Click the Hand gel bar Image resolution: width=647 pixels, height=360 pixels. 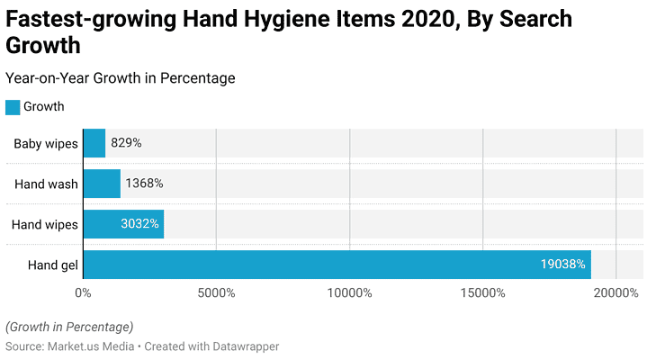click(x=337, y=265)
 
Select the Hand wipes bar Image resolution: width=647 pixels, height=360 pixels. click(x=123, y=224)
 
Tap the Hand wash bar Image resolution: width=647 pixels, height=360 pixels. click(x=102, y=184)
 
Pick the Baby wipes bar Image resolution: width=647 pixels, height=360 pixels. click(x=94, y=143)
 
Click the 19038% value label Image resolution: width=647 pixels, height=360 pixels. click(x=563, y=265)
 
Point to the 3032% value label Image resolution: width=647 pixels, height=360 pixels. click(x=139, y=224)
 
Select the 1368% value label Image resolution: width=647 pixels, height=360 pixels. click(x=144, y=184)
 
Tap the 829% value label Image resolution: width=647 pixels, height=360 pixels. click(x=126, y=143)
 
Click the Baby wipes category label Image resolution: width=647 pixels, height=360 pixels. click(x=46, y=143)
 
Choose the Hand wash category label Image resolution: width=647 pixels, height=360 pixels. click(x=47, y=184)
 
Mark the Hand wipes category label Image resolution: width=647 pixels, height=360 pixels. click(x=45, y=224)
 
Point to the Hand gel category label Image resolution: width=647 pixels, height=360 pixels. click(x=53, y=265)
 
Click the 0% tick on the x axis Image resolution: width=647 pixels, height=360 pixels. click(x=83, y=292)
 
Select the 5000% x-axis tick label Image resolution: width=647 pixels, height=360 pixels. click(x=216, y=292)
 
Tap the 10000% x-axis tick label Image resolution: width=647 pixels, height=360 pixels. click(x=349, y=292)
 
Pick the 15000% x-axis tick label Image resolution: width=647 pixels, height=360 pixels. click(x=483, y=292)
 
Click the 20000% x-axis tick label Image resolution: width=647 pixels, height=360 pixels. click(x=616, y=292)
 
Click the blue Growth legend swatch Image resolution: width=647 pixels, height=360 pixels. click(x=13, y=107)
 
